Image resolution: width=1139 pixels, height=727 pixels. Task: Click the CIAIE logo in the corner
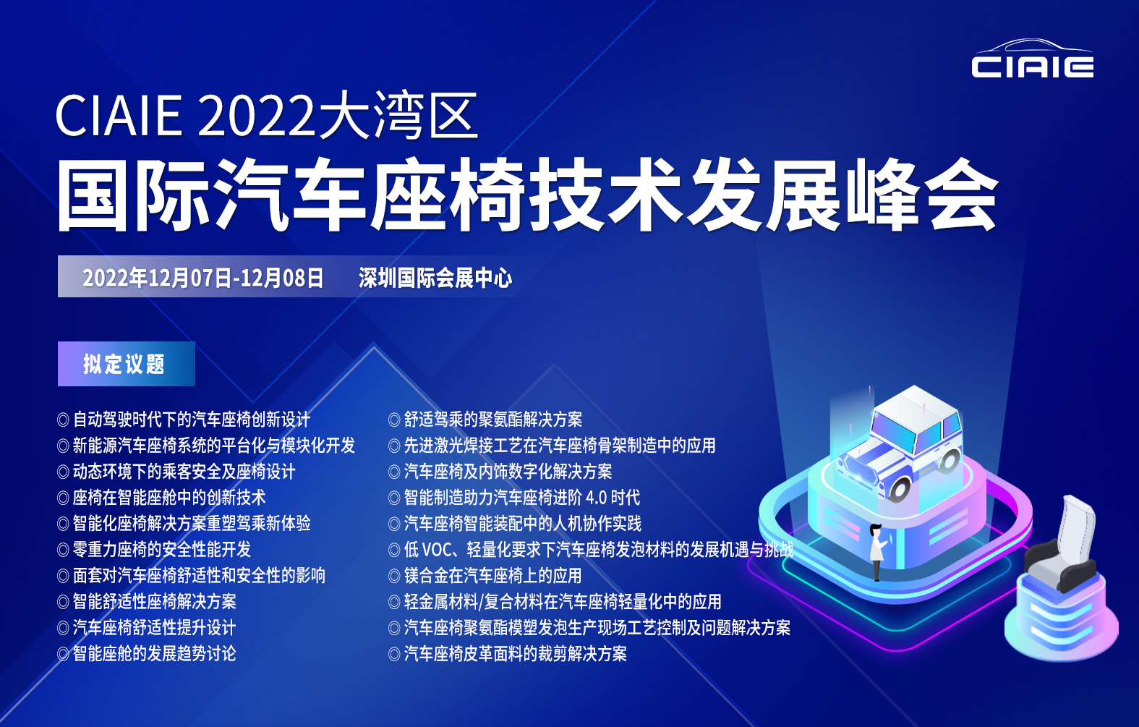(1032, 59)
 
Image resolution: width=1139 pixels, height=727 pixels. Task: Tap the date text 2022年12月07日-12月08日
(203, 278)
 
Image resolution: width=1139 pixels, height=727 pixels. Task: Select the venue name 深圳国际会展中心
(435, 278)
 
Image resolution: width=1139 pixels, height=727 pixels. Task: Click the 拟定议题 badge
(126, 364)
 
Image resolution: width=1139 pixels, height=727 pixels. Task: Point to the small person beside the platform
(876, 552)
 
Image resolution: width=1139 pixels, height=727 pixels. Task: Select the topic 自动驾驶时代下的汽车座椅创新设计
(191, 420)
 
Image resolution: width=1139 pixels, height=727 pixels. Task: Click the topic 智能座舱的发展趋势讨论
(154, 654)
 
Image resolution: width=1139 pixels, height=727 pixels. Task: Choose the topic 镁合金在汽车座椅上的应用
(492, 576)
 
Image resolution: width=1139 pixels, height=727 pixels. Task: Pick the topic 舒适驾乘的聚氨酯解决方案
(492, 420)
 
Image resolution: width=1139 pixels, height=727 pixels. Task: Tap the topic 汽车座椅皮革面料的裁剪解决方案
(515, 654)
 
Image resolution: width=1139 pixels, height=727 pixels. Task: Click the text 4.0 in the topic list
(596, 498)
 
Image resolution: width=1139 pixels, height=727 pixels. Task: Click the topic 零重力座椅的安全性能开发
(162, 550)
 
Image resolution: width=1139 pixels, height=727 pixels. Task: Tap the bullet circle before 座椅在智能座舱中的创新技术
(63, 498)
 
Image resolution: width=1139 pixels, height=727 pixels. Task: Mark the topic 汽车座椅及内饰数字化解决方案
(508, 472)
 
